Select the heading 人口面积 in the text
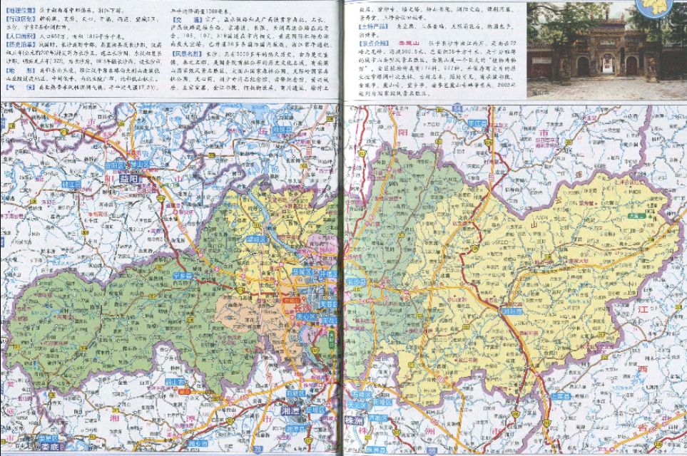[17, 33]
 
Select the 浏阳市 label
[511, 311]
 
